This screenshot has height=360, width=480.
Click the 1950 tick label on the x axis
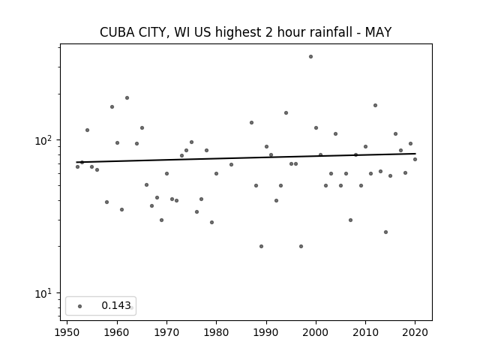[x=67, y=332]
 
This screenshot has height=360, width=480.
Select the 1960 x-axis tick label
[x=117, y=332]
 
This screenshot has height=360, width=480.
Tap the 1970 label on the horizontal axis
[x=166, y=332]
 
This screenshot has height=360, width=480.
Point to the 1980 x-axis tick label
[x=216, y=332]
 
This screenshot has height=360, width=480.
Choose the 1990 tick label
[x=266, y=332]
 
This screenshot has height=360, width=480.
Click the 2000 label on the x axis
[x=316, y=332]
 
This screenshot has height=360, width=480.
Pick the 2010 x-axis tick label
[x=365, y=332]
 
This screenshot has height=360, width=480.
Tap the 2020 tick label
[x=415, y=332]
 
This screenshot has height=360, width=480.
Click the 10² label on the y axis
[x=43, y=140]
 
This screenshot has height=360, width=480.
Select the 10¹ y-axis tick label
[x=43, y=293]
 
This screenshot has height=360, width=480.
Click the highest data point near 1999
[x=310, y=57]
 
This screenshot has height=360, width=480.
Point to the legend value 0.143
[x=116, y=305]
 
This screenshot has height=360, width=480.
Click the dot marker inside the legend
[x=80, y=306]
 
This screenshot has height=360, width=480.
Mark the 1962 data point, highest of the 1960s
[x=127, y=98]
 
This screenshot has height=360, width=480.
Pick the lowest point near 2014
[x=385, y=232]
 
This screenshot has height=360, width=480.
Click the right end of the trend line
[x=415, y=154]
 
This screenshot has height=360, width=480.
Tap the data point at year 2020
[x=415, y=160]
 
